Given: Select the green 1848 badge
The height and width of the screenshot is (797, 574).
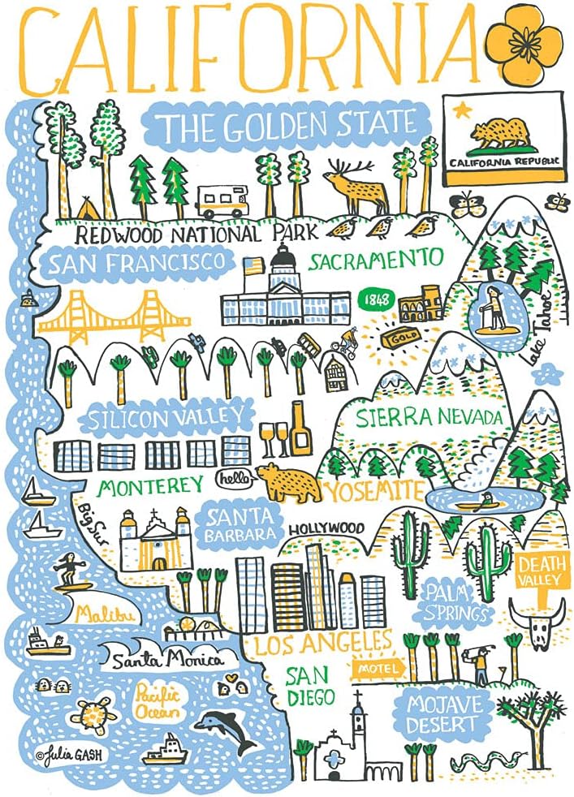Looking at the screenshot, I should click(x=373, y=299).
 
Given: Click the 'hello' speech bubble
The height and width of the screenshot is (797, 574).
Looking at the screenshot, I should click(x=234, y=479).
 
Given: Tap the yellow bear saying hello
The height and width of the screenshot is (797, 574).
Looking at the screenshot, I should click(x=289, y=483).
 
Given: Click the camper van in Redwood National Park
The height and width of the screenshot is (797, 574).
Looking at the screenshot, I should click(x=221, y=200).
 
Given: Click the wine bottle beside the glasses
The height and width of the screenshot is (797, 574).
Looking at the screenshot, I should click(x=300, y=428).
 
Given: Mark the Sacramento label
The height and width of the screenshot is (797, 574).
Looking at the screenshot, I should click(x=376, y=261).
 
